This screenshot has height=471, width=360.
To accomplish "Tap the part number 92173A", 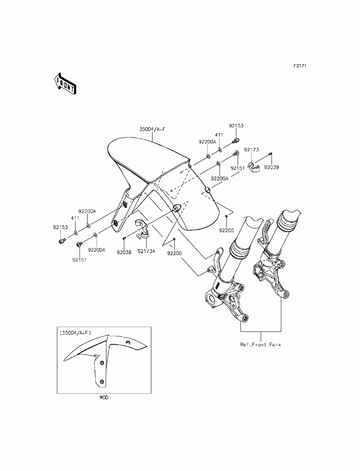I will [x=146, y=251].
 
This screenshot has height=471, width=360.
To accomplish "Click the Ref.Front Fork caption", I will [x=261, y=345].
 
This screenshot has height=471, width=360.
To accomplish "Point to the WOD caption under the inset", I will [x=104, y=398].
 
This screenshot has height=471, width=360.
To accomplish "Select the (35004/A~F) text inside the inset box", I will [x=76, y=333].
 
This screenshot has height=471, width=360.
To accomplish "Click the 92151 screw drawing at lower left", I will [x=79, y=244].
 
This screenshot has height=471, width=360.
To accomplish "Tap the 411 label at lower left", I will [x=75, y=218].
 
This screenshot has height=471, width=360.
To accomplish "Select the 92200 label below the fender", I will [x=174, y=253].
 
